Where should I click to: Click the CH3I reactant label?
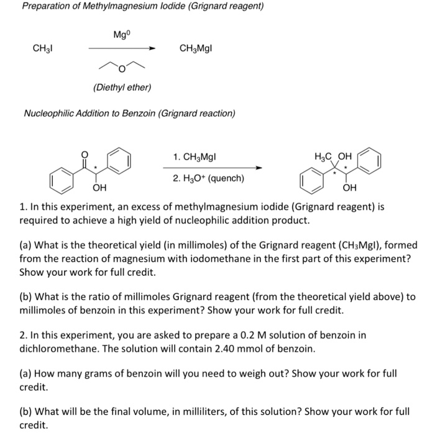42,48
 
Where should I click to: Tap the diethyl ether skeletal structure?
122,66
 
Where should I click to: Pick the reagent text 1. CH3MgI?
195,157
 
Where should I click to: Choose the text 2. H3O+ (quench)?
208,178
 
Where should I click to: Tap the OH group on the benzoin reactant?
99,187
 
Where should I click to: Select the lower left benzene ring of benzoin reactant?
62,180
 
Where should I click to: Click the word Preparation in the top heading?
47,6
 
